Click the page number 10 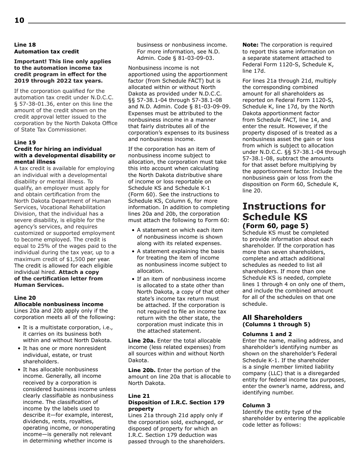19,20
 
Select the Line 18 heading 25,45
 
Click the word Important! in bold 30,61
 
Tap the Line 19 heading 25,142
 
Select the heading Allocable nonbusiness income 58,304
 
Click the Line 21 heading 139,396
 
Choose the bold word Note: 250,45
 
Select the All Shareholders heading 272,317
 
